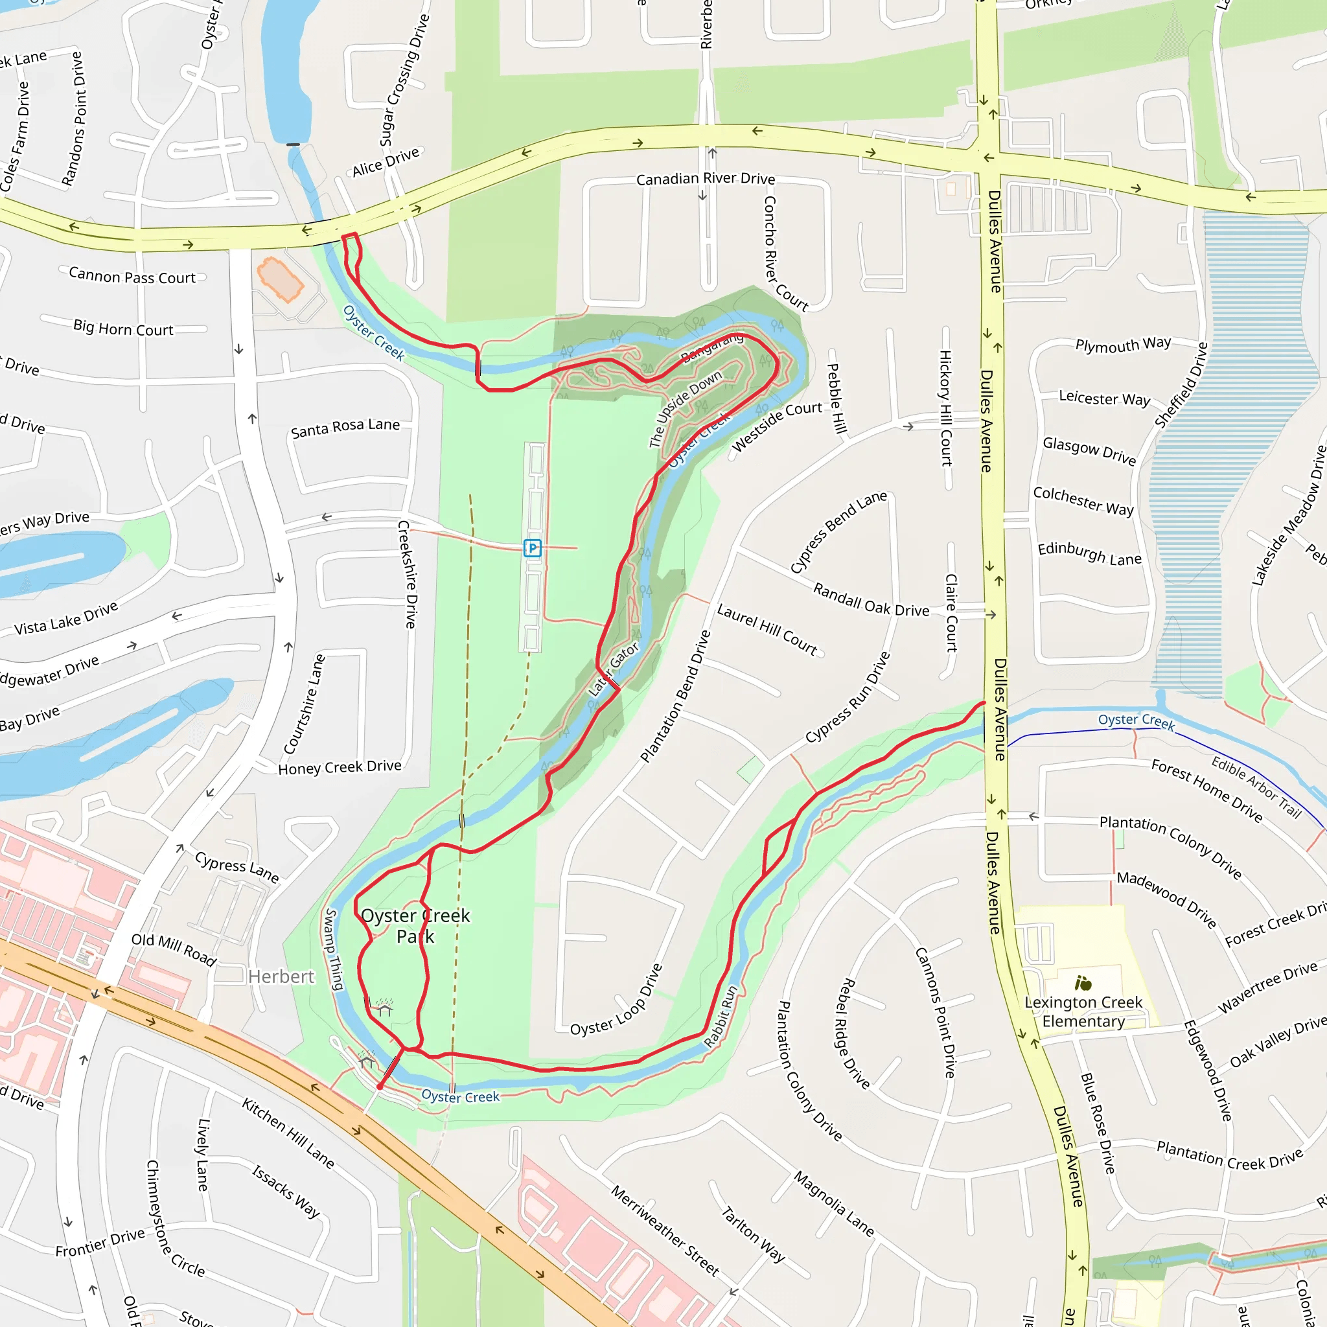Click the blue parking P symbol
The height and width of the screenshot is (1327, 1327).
[533, 548]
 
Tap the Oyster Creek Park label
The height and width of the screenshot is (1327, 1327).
[415, 926]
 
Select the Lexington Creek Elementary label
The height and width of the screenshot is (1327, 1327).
[1083, 1011]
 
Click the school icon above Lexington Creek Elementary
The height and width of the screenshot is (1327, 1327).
[1083, 984]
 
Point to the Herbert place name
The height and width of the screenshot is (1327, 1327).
[281, 976]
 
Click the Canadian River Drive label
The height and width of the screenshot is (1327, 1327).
[706, 179]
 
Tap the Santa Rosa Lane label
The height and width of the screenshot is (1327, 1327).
[345, 428]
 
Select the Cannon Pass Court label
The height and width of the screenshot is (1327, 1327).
[132, 276]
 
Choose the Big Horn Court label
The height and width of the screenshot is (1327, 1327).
[123, 329]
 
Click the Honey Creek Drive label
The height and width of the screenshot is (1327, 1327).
[340, 767]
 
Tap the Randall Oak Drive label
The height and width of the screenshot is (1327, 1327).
[871, 599]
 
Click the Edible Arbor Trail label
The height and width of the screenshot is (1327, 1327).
[1256, 787]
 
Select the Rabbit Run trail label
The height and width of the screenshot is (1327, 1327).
[721, 1017]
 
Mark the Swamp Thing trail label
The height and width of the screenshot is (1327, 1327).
[333, 949]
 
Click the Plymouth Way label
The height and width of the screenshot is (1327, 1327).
[1123, 344]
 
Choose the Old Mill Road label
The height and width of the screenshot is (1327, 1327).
[174, 949]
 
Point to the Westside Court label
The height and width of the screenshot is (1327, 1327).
[777, 426]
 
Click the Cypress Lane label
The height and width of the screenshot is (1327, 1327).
[237, 868]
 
